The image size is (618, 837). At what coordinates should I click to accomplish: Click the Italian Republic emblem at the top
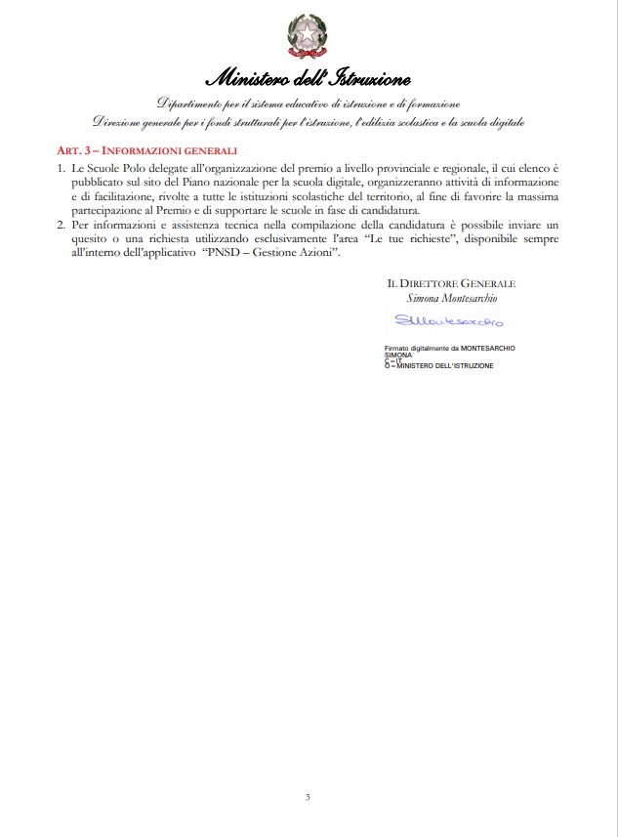pos(308,35)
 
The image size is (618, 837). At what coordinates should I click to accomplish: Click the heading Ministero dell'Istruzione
pos(309,78)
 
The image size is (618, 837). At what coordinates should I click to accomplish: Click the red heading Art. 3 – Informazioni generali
pos(146,151)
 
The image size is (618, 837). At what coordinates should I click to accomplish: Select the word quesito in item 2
pos(91,238)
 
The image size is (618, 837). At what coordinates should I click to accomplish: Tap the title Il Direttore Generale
pos(450,283)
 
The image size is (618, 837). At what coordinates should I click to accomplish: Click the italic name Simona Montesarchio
pos(450,298)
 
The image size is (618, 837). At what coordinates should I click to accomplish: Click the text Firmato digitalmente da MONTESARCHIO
pos(450,348)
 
